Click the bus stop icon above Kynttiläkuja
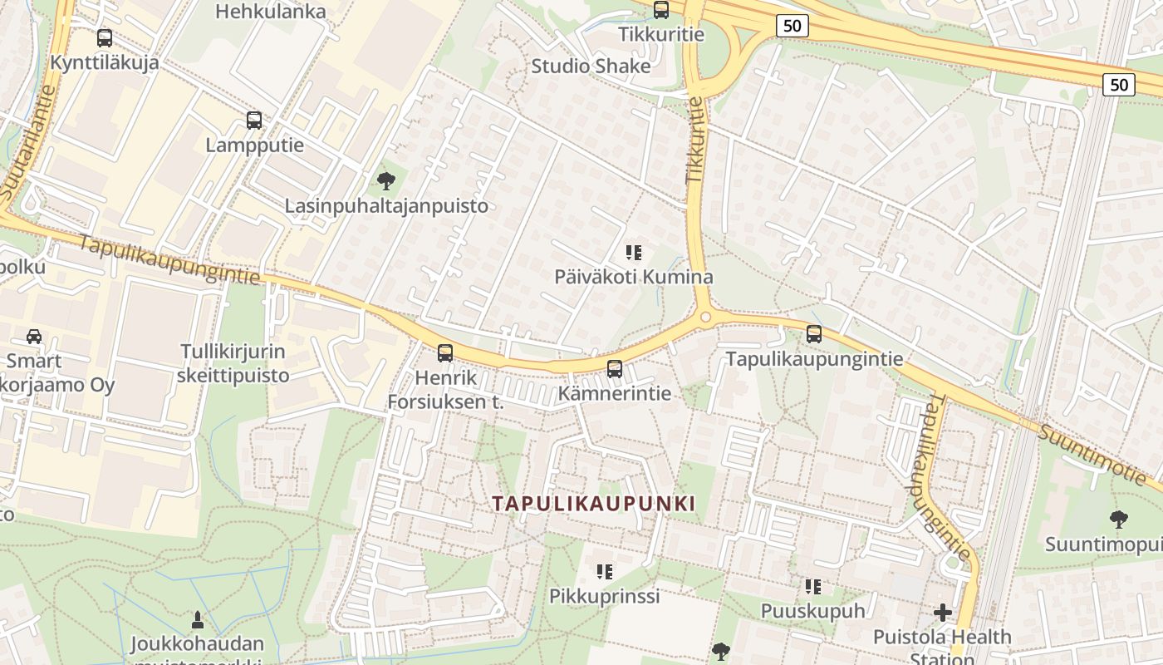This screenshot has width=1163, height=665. click(105, 38)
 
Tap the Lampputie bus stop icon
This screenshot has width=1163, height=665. click(254, 121)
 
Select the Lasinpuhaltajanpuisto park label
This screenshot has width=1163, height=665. click(386, 205)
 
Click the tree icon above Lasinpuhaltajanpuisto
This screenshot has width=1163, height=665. click(385, 180)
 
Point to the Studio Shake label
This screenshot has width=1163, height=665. click(591, 66)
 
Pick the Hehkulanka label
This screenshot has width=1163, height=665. click(271, 12)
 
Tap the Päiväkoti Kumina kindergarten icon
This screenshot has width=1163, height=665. click(634, 252)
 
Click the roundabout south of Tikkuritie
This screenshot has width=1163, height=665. click(706, 317)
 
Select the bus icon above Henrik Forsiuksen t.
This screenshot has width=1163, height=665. click(445, 352)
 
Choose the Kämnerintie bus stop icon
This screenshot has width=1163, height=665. click(615, 368)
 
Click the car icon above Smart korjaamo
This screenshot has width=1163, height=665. click(34, 336)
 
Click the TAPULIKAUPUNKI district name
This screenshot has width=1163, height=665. click(593, 504)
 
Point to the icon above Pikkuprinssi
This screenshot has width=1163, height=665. click(605, 571)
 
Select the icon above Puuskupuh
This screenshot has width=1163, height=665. click(813, 587)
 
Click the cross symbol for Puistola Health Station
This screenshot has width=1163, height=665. click(943, 613)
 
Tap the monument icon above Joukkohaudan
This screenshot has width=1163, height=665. click(198, 619)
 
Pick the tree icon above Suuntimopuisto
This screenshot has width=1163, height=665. click(1119, 520)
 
